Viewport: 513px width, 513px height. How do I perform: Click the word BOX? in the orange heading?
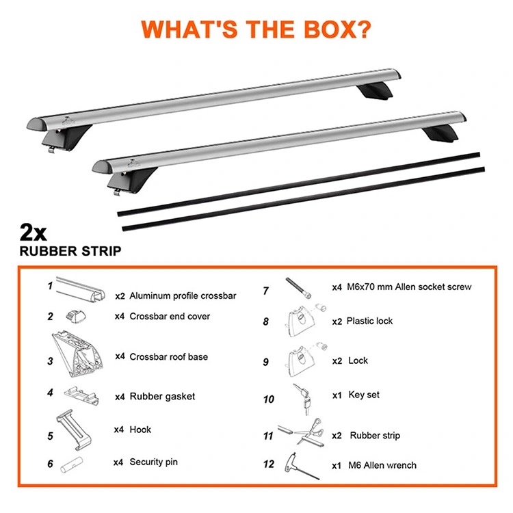[337, 29]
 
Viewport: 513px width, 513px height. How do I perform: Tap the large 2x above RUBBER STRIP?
[33, 233]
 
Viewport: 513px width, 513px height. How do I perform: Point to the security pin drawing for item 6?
[72, 464]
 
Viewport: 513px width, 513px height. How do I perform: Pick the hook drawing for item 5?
[73, 430]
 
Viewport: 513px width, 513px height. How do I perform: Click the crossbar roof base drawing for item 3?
[77, 354]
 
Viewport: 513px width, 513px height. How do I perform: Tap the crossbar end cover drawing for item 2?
[75, 317]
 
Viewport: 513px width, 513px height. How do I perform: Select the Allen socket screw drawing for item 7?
[298, 288]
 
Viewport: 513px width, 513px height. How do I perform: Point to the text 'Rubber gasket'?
[162, 397]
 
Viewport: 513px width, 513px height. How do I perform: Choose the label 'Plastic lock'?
[369, 321]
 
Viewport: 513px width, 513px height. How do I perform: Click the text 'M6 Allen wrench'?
[382, 465]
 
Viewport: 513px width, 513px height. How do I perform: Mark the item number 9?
[265, 362]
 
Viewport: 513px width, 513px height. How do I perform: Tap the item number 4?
[50, 393]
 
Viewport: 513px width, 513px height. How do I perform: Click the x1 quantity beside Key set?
[337, 395]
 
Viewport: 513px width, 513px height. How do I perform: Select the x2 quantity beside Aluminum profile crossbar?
[120, 296]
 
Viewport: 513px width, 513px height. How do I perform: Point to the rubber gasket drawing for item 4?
[81, 395]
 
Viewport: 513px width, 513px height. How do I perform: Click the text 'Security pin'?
[153, 462]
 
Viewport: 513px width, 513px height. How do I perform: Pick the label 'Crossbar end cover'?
[170, 317]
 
